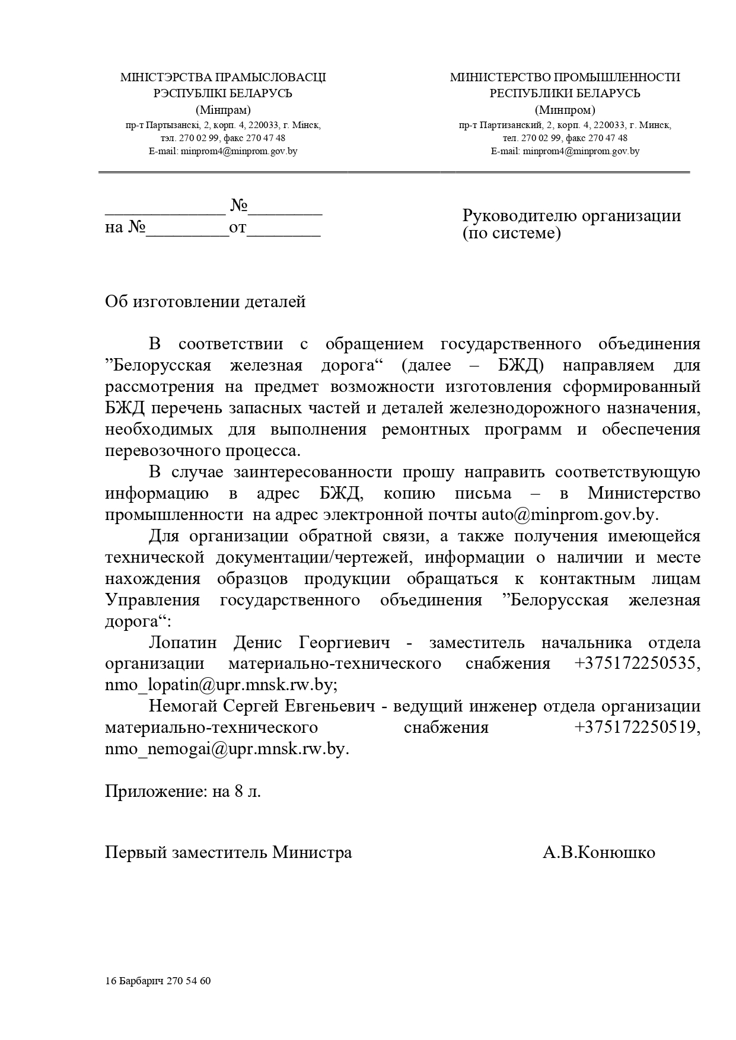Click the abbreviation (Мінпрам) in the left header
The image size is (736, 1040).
[223, 110]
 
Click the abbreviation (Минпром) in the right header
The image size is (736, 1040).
[565, 110]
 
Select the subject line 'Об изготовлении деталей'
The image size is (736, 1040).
[205, 302]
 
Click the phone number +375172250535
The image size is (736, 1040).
[636, 663]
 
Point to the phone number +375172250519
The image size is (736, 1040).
[636, 728]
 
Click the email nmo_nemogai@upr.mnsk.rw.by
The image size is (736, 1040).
[227, 749]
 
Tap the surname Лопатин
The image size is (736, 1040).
[183, 643]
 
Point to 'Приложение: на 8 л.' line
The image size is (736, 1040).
[183, 792]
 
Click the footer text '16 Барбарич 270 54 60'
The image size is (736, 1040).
[158, 981]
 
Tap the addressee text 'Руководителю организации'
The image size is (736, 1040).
[571, 215]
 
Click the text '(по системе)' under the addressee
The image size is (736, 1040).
[511, 233]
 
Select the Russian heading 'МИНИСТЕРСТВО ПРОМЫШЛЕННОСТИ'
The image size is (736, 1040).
[565, 78]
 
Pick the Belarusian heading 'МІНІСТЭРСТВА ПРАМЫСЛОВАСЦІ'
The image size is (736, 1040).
[223, 78]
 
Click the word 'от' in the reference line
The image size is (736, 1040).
[237, 228]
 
